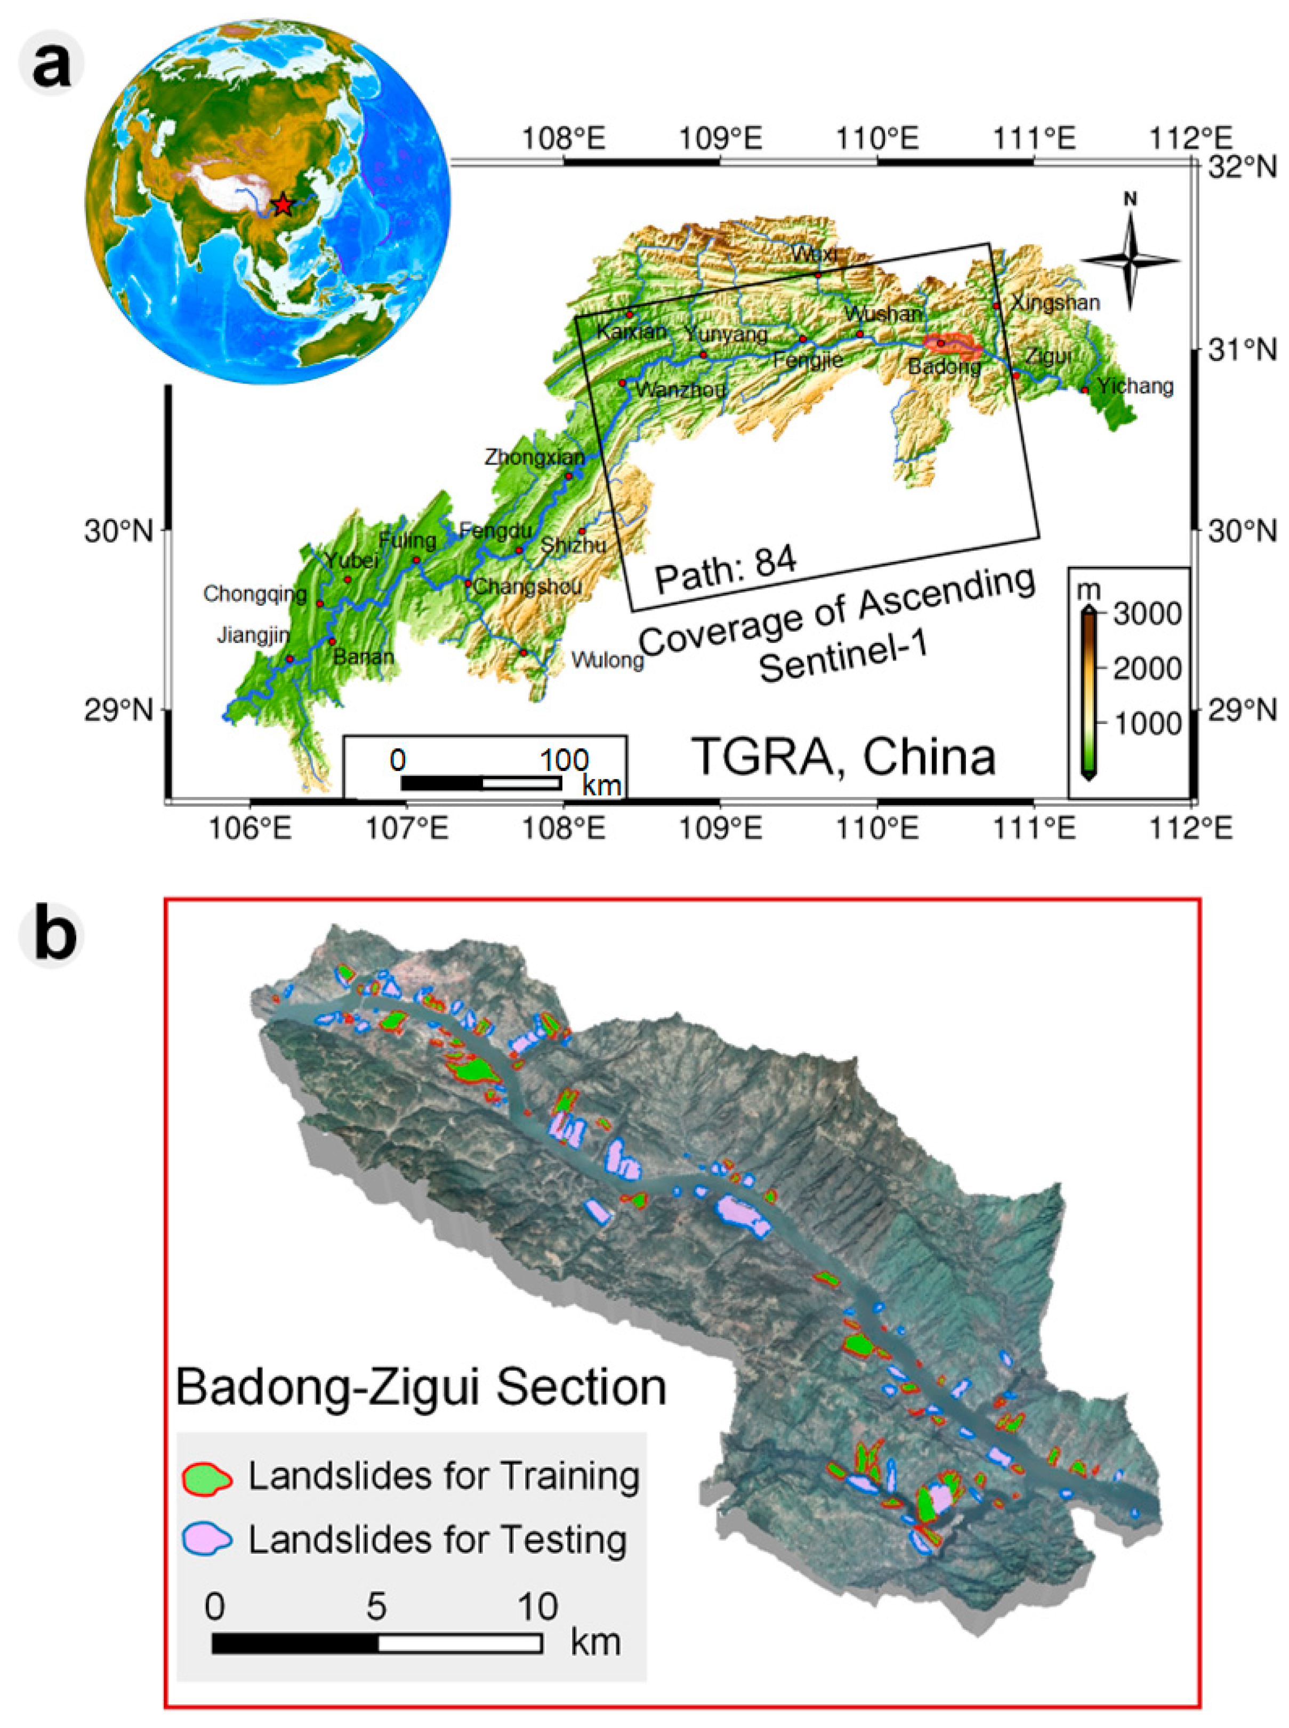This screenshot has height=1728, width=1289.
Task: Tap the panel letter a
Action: [52, 64]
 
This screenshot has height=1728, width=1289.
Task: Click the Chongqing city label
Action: [255, 594]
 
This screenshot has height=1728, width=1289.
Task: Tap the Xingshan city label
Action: [1055, 303]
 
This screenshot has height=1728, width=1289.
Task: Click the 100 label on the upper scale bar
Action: [564, 759]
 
